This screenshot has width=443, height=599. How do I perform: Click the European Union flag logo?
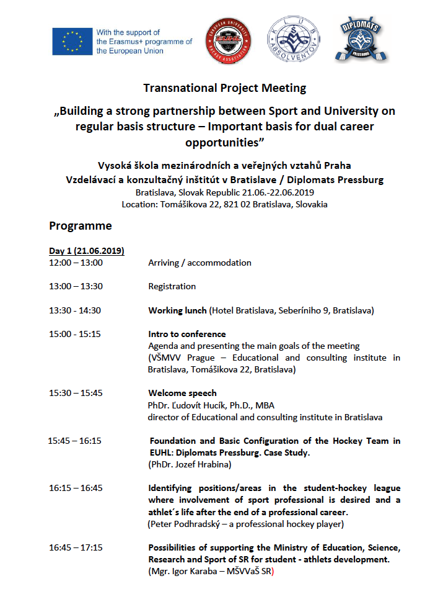72,42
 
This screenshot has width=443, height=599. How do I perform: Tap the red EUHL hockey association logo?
229,40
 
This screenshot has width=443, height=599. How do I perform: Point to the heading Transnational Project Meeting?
224,88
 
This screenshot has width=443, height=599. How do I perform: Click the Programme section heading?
81,225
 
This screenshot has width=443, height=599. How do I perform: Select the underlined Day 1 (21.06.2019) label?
87,251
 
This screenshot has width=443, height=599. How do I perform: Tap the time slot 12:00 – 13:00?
76,263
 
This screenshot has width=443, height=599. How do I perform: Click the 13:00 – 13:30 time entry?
76,286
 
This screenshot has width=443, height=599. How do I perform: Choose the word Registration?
172,286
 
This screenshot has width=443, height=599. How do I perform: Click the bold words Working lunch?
177,310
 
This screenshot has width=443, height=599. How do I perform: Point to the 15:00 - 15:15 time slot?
74,334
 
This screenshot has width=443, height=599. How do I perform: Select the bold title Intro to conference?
186,334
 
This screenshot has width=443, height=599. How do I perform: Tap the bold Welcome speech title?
182,393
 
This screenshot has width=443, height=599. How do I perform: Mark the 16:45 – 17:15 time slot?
76,547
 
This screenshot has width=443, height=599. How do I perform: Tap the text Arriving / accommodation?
200,263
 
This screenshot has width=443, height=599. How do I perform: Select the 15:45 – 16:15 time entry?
74,441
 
